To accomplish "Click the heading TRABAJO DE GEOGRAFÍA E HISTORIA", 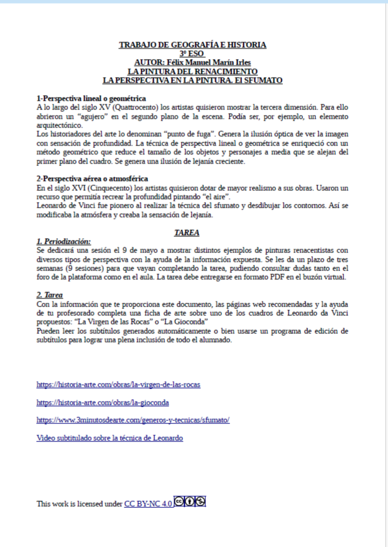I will click(x=192, y=45).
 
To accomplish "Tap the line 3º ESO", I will click(x=192, y=53).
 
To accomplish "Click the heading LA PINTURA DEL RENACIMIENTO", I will click(x=192, y=71).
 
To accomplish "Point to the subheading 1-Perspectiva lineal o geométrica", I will click(x=91, y=98).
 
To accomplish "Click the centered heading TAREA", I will click(x=187, y=232).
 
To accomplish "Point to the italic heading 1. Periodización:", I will click(x=63, y=241).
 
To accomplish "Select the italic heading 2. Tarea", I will click(x=49, y=295).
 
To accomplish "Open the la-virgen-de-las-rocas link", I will click(x=118, y=385).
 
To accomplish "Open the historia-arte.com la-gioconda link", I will click(x=103, y=403).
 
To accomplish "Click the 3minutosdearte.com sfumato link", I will click(x=133, y=420).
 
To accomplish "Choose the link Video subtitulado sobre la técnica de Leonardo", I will click(x=109, y=438).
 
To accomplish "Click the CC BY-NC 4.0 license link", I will click(x=148, y=504).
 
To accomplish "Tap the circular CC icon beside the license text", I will click(x=179, y=502).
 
